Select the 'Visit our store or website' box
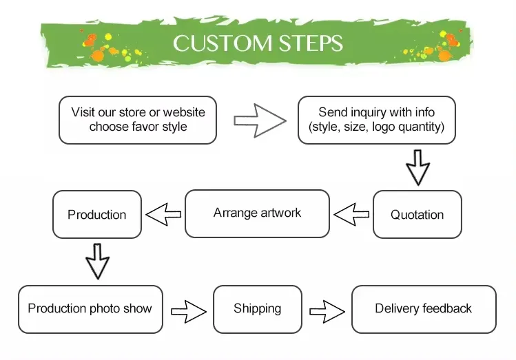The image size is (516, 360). click(x=138, y=120)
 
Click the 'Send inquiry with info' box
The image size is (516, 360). click(x=376, y=120)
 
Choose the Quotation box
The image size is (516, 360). click(x=417, y=214)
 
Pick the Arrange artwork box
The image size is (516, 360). click(x=257, y=213)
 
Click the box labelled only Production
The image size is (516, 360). click(x=97, y=214)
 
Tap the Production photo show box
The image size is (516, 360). click(x=90, y=309)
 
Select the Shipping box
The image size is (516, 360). click(x=257, y=309)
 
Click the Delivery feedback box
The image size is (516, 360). click(x=423, y=309)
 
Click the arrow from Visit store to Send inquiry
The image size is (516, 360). click(x=259, y=120)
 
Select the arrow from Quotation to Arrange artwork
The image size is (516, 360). click(x=351, y=213)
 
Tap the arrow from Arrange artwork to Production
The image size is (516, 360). click(x=164, y=214)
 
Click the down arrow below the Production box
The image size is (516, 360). click(x=97, y=260)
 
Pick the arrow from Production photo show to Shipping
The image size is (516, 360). click(x=188, y=310)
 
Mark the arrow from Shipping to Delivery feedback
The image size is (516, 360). click(x=327, y=310)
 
